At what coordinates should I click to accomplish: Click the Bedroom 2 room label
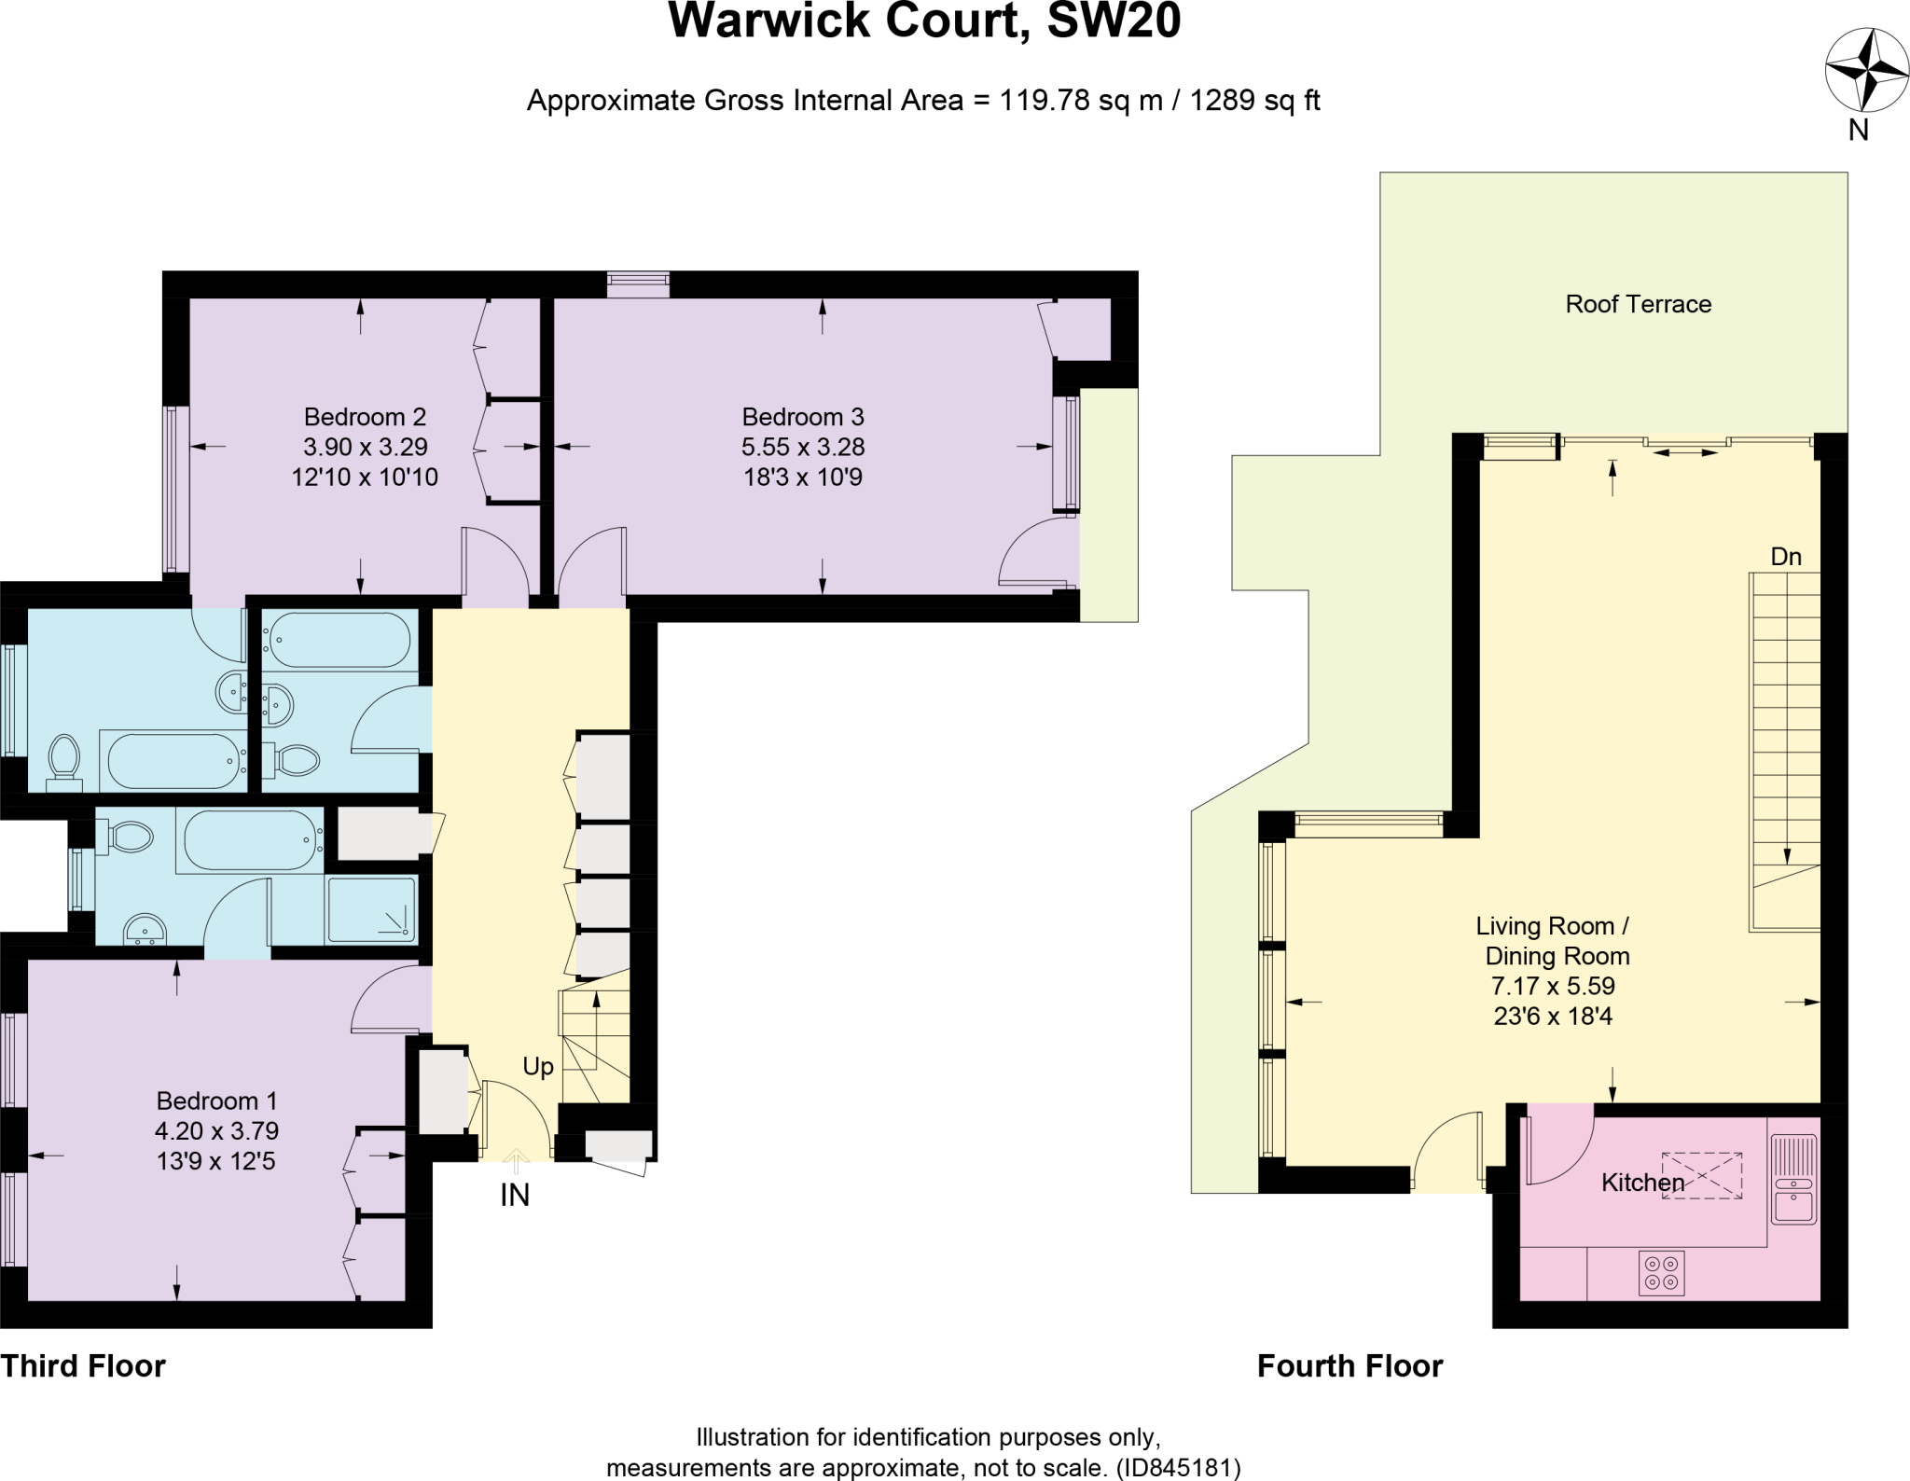pyautogui.click(x=365, y=417)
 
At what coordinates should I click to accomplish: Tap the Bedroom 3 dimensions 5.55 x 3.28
pyautogui.click(x=802, y=447)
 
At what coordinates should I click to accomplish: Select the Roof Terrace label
pyautogui.click(x=1638, y=304)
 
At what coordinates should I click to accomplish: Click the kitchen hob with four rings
pyautogui.click(x=1661, y=1273)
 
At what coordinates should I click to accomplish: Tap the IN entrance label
pyautogui.click(x=514, y=1195)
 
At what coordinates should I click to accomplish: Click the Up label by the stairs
pyautogui.click(x=538, y=1067)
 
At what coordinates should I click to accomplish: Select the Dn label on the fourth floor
pyautogui.click(x=1785, y=557)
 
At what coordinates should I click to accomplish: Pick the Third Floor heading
pyautogui.click(x=83, y=1366)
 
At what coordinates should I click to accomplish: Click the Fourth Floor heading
pyautogui.click(x=1349, y=1366)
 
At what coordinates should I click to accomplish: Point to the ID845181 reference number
pyautogui.click(x=1178, y=1468)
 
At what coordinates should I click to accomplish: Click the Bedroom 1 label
pyautogui.click(x=216, y=1100)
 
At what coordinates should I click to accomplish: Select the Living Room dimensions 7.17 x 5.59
pyautogui.click(x=1553, y=986)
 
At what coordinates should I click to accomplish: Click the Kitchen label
pyautogui.click(x=1641, y=1183)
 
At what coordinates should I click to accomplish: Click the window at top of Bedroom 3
pyautogui.click(x=638, y=284)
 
